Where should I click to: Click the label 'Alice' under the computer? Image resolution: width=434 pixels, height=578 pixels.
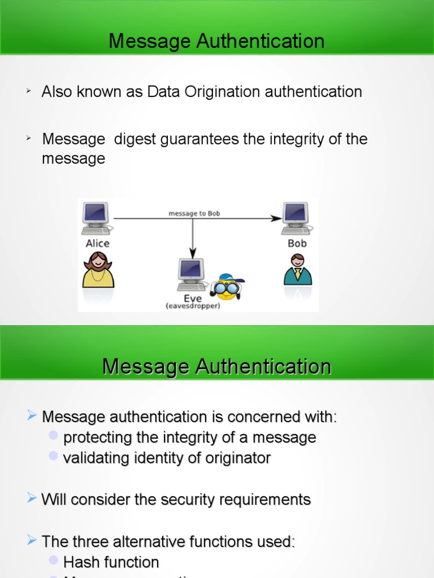pos(98,243)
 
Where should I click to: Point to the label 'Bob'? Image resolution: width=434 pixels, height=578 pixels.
pos(297,243)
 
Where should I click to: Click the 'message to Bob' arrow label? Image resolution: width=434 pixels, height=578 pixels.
pos(194,213)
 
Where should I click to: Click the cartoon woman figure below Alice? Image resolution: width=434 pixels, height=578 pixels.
pos(98,270)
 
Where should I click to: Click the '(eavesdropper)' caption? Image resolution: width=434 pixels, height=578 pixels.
pos(192,306)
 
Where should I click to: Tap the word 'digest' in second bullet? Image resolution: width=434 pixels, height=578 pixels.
pos(135,139)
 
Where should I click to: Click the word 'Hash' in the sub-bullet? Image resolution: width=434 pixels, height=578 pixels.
pos(79,546)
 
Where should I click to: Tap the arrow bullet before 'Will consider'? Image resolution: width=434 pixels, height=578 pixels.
pos(32,497)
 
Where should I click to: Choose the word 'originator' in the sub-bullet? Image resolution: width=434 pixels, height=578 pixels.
pos(238,458)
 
